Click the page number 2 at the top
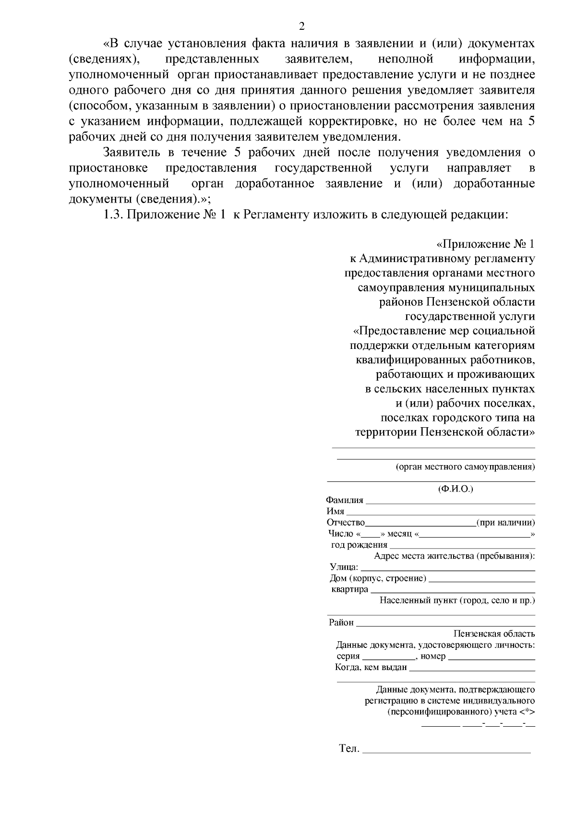(x=301, y=26)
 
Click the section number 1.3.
(x=114, y=215)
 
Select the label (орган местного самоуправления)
(x=465, y=467)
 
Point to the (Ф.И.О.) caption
(x=455, y=489)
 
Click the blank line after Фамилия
(x=450, y=503)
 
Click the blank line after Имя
(x=440, y=514)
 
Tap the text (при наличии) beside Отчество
(x=505, y=523)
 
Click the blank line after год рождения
(x=462, y=547)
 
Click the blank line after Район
(x=445, y=625)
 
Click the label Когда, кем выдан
(x=371, y=667)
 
